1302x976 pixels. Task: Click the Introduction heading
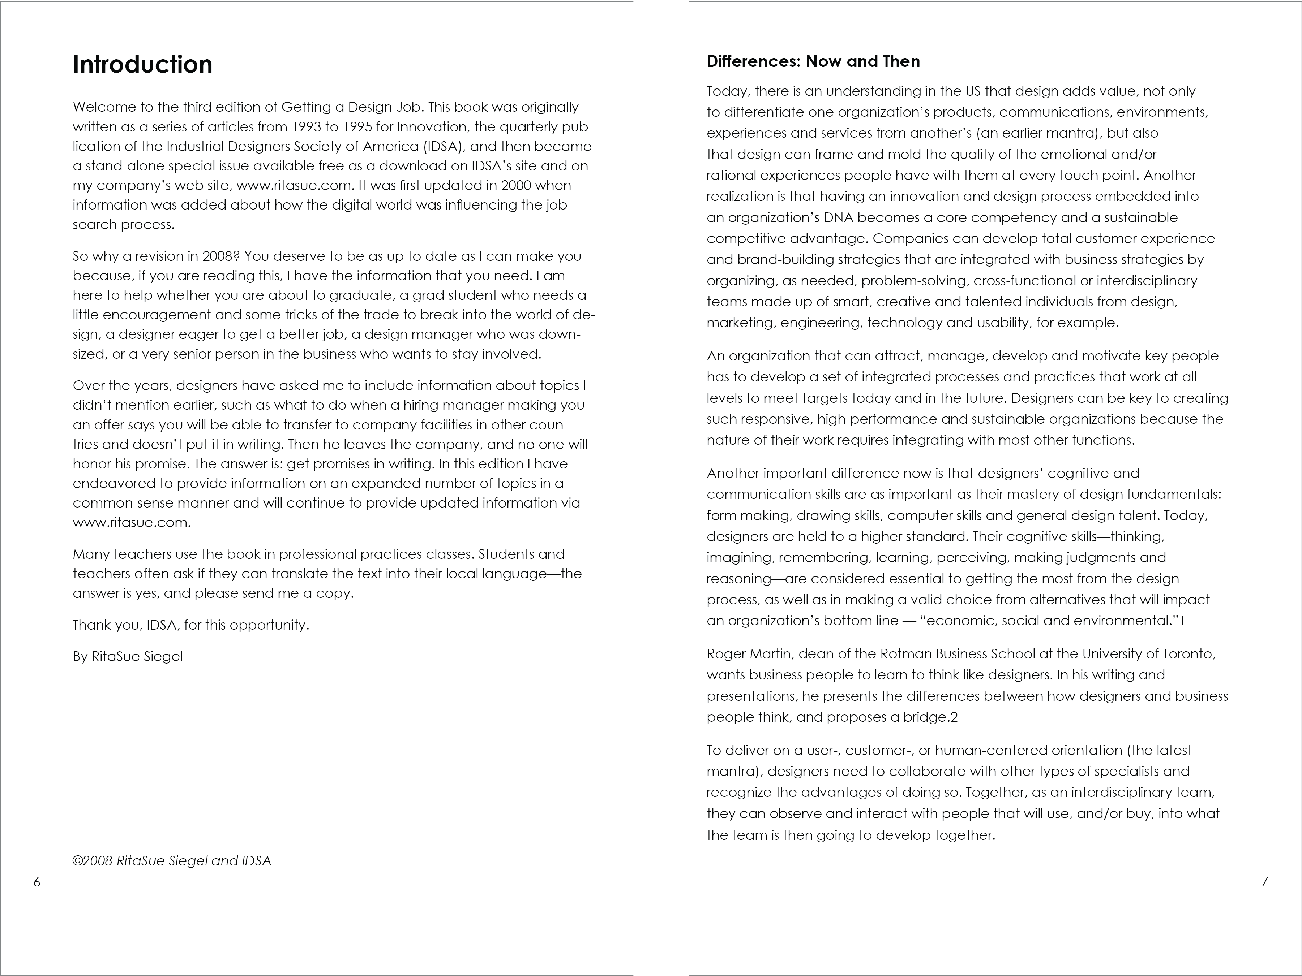tap(142, 64)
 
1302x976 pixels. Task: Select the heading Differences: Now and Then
tap(813, 61)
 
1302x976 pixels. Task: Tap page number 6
tap(37, 881)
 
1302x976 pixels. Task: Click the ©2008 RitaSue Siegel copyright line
tap(171, 861)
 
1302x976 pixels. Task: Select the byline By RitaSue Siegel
tap(128, 656)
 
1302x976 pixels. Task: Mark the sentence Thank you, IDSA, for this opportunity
tap(191, 625)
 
